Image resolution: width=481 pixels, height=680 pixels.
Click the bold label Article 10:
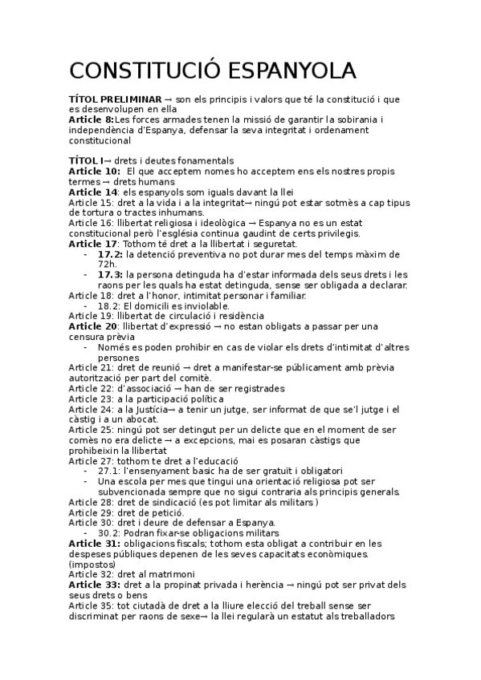tap(94, 171)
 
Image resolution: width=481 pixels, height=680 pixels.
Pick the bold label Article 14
tap(92, 192)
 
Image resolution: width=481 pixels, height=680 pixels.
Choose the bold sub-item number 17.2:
tap(111, 254)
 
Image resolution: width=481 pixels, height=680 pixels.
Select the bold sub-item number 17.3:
tap(111, 275)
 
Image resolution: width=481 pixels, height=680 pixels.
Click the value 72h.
tap(108, 264)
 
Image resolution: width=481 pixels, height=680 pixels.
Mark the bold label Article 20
tap(92, 327)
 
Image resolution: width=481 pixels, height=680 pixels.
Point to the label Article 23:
tap(91, 399)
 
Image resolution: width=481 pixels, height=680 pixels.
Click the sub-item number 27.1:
tap(110, 471)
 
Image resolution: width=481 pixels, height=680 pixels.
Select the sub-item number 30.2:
tap(110, 533)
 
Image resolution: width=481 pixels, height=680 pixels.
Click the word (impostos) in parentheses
tap(92, 565)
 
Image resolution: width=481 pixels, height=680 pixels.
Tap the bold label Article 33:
tap(94, 585)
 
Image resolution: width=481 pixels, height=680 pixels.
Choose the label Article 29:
tap(91, 512)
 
